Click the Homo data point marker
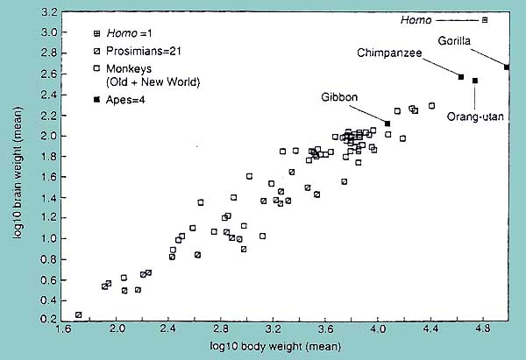(x=485, y=19)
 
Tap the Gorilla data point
(x=507, y=67)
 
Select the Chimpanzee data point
(x=461, y=77)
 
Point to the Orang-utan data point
(x=475, y=81)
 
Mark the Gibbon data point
(x=387, y=124)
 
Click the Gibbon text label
(x=339, y=96)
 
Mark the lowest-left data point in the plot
(x=79, y=314)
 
